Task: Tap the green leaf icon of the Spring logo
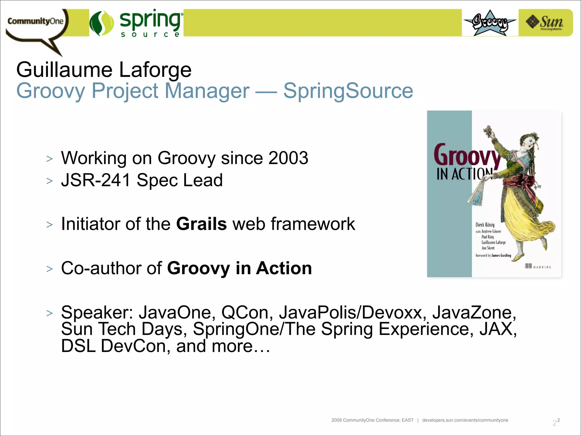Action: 102,23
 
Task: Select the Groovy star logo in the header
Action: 490,23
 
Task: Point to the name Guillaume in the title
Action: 64,70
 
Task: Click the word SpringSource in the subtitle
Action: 348,91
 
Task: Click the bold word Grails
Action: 201,224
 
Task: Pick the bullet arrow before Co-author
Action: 50,269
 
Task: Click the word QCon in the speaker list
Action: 245,312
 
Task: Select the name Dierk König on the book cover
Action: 485,225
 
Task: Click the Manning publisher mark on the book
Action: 538,267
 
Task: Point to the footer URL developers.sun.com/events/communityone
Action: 465,420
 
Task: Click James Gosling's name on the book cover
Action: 501,255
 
